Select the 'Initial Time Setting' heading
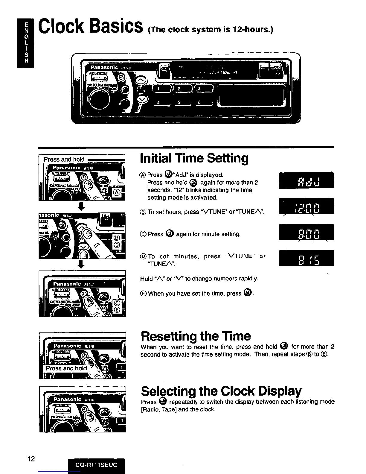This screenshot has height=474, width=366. [194, 158]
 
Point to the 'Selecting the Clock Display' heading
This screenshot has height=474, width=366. [221, 391]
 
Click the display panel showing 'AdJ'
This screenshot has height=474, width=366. [306, 180]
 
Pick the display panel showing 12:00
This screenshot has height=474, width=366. [306, 206]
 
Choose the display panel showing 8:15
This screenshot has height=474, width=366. [306, 258]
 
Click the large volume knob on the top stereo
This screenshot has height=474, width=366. [99, 98]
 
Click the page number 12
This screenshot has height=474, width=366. [30, 459]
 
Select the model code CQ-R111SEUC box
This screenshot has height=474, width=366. [96, 465]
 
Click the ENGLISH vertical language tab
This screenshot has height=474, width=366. [26, 43]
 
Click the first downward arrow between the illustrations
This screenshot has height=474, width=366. [82, 206]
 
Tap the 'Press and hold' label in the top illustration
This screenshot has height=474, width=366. [64, 159]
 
